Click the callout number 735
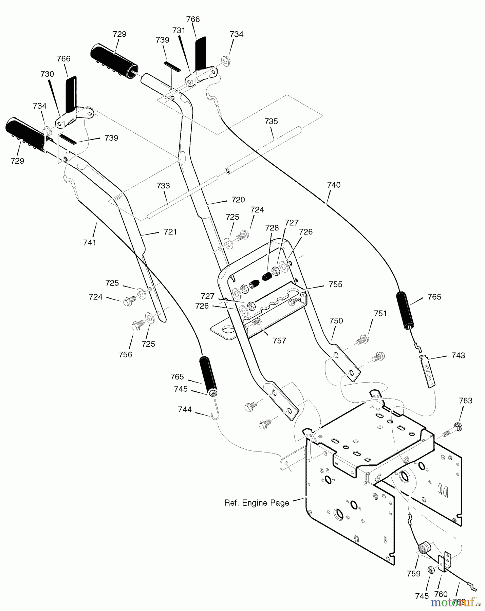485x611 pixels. [x=271, y=121]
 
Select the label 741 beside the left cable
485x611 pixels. [x=90, y=243]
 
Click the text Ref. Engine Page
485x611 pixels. [x=257, y=503]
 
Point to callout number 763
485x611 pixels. [x=465, y=401]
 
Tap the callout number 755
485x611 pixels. [x=335, y=284]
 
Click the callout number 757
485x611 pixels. [x=279, y=340]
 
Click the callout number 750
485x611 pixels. [x=336, y=321]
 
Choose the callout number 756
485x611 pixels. [x=125, y=354]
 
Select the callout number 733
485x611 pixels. [x=163, y=186]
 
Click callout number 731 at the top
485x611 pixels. [x=179, y=30]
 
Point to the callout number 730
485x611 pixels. [x=47, y=74]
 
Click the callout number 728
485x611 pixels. [x=272, y=228]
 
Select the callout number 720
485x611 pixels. [x=238, y=200]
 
